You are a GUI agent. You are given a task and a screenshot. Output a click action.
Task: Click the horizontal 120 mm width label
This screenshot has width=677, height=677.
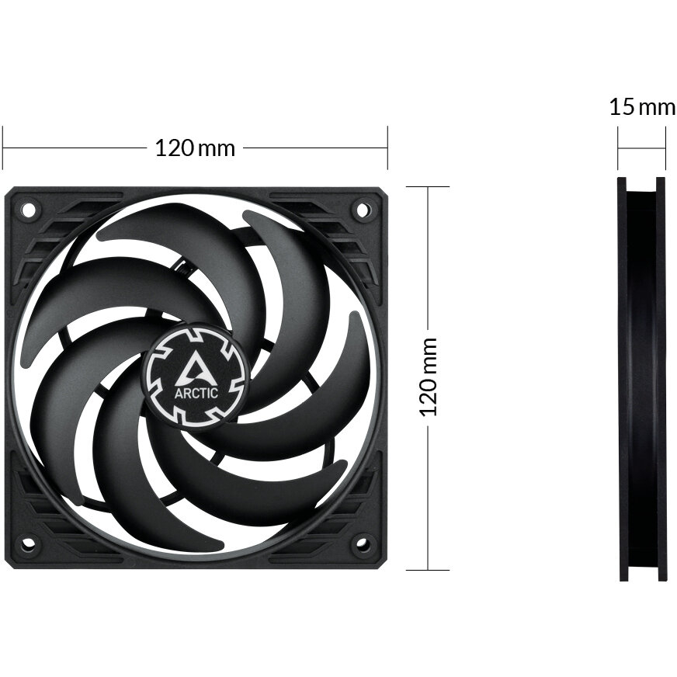[195, 148]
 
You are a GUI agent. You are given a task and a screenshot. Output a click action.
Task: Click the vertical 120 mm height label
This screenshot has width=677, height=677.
[429, 377]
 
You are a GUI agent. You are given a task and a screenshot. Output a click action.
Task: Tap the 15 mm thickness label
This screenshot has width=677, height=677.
[641, 106]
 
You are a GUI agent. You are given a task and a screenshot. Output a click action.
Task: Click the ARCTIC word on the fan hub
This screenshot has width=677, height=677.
[196, 392]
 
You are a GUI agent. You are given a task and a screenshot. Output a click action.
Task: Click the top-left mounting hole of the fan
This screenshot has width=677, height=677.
[29, 209]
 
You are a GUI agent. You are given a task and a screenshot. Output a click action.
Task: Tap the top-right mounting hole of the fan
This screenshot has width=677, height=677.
[362, 209]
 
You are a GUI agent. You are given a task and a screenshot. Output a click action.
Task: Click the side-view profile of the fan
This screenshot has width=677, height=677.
[642, 379]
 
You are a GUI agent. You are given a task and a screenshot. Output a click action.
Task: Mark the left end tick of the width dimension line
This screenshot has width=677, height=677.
[3, 148]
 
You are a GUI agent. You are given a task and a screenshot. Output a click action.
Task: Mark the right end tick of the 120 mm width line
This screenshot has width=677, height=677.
[387, 148]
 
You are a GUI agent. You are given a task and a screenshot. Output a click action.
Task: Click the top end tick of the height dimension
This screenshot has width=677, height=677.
[428, 187]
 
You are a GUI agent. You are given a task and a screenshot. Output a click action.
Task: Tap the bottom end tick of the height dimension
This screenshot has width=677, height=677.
[428, 570]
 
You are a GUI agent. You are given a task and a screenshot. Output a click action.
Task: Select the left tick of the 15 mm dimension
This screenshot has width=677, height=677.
[619, 148]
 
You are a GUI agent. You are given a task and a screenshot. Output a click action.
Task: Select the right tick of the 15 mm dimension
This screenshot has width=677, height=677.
[665, 148]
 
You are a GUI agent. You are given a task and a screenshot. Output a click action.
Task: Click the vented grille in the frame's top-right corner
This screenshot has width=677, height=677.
[342, 225]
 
